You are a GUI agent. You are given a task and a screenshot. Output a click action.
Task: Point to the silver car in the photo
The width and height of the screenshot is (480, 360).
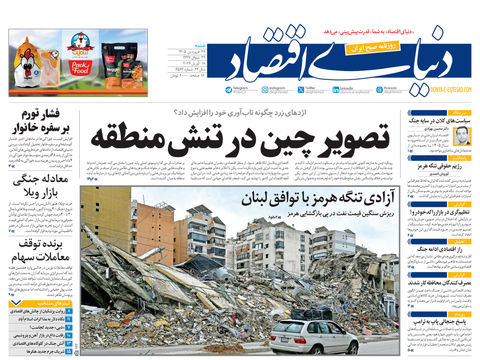click(313, 335)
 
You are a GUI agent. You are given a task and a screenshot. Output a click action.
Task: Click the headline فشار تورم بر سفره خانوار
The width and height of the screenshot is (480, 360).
click(42, 120)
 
